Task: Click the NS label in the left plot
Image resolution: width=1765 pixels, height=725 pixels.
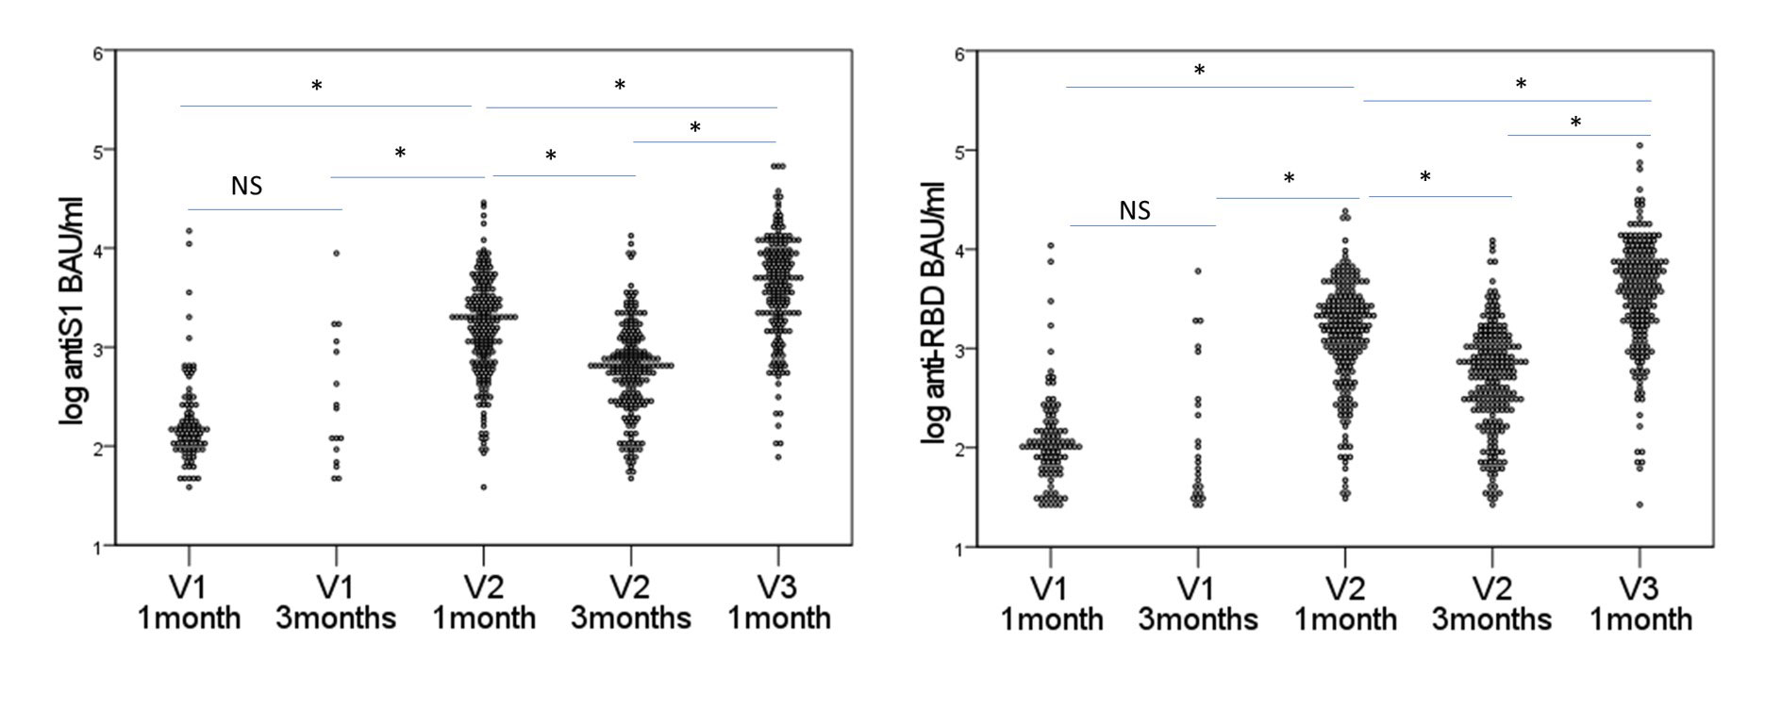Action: coord(246,187)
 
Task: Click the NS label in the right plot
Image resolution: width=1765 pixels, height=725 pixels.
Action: coord(1134,210)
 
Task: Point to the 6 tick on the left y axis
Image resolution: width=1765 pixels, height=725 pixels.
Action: coord(99,54)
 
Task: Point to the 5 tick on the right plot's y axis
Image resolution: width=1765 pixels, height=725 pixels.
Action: coord(961,151)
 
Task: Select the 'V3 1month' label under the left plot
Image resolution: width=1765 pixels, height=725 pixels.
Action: coord(776,602)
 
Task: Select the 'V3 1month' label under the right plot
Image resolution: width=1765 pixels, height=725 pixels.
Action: coord(1640,603)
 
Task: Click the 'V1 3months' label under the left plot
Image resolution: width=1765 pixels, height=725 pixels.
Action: coord(336,602)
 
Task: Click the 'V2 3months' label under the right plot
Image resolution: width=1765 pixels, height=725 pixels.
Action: coord(1491,603)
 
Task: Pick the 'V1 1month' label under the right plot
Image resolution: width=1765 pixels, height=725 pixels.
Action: coord(1052,603)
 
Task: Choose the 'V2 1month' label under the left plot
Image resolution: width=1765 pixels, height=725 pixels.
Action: coord(484,602)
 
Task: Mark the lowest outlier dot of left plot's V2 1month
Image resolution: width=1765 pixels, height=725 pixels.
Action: coord(484,487)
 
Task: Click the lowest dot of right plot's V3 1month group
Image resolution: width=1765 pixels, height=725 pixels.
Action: coord(1640,504)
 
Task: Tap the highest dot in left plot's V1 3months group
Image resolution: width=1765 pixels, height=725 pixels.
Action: coord(336,253)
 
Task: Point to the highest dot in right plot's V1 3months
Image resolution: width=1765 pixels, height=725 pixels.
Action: coord(1198,271)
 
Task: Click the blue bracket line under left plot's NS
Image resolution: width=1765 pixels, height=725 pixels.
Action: coord(265,209)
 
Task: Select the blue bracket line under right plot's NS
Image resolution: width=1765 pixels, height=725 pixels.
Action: coord(1142,226)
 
